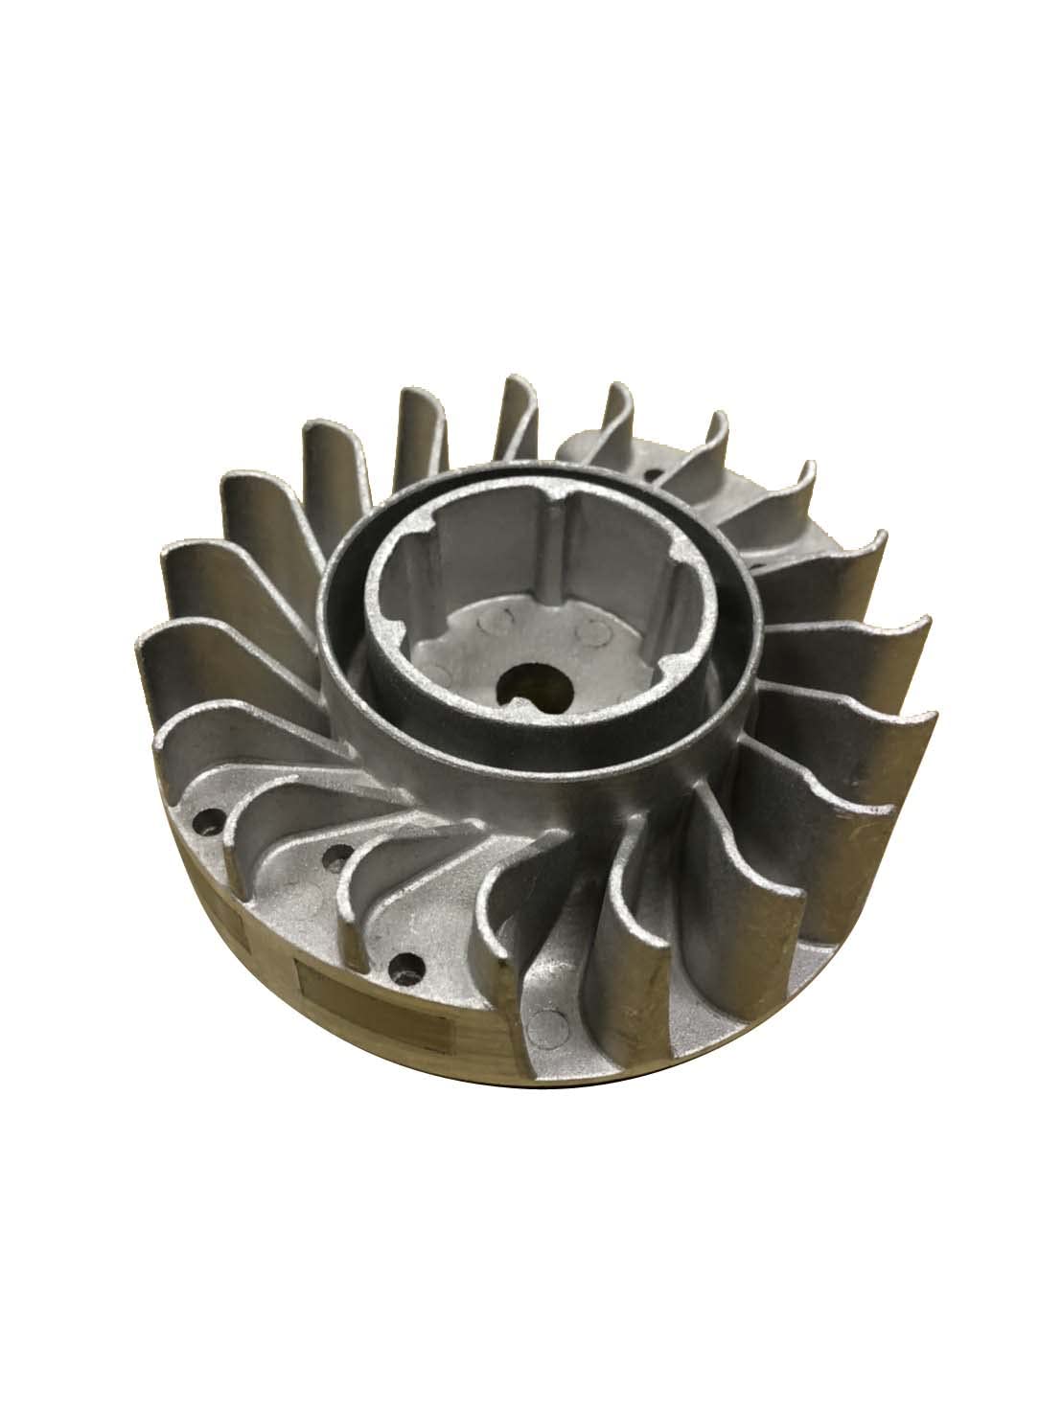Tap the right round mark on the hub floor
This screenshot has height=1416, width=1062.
pos(599,629)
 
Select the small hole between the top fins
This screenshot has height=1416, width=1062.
pos(653,473)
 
